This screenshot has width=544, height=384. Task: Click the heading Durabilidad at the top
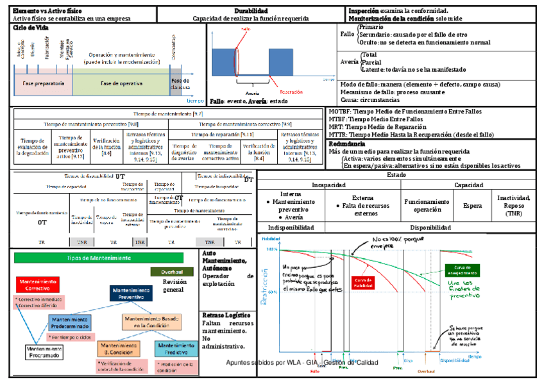[x=247, y=11]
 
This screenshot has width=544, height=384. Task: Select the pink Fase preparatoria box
[x=43, y=84]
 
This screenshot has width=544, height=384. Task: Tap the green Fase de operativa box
[x=121, y=84]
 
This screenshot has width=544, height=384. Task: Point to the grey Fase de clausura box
[x=181, y=83]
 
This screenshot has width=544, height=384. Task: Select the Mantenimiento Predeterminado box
[x=69, y=322]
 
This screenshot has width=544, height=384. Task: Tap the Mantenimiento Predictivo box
[x=176, y=348]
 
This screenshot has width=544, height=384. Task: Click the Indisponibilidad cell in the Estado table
[x=291, y=228]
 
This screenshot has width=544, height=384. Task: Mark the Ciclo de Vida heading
[x=31, y=28]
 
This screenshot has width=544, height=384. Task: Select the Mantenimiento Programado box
[x=44, y=352]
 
